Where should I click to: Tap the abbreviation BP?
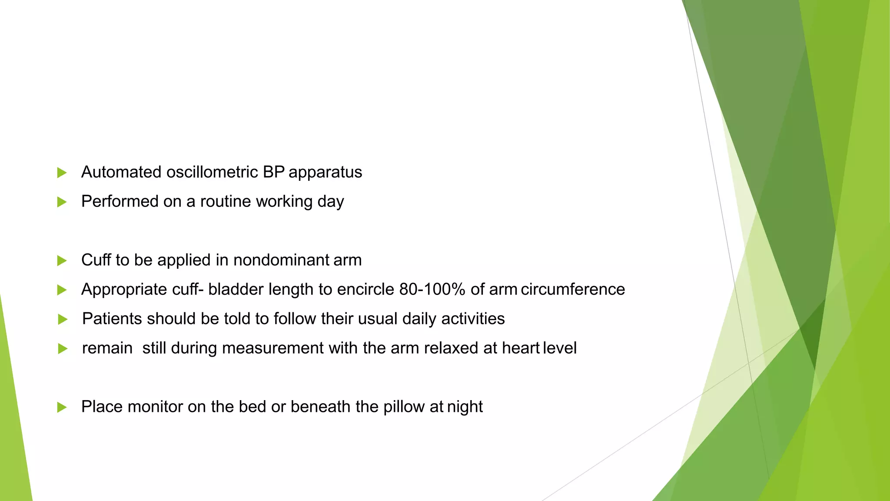(x=273, y=172)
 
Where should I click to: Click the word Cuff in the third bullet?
(x=96, y=260)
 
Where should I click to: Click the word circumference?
(x=573, y=290)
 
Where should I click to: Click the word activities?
(x=473, y=319)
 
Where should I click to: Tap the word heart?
(x=521, y=348)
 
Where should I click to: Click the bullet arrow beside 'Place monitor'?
(x=62, y=407)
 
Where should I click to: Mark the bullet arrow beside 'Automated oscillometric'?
(x=62, y=173)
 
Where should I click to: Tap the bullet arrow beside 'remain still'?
(x=63, y=349)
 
